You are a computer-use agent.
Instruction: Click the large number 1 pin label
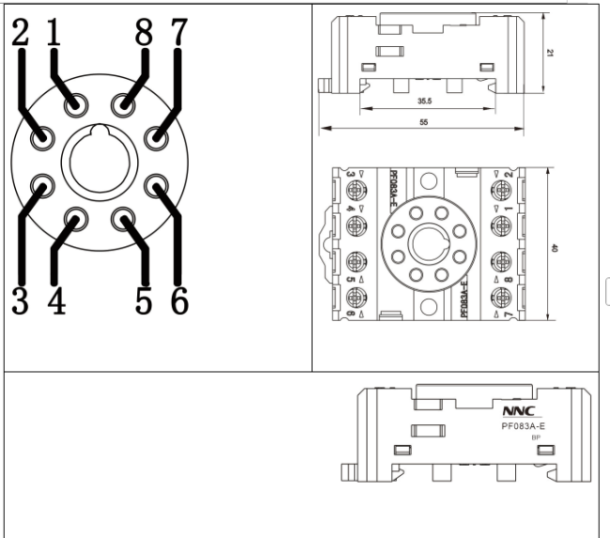[x=53, y=35]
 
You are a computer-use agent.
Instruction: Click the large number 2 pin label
[x=21, y=35]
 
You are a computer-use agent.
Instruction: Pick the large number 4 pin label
[x=56, y=301]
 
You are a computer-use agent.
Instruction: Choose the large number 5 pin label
[x=144, y=301]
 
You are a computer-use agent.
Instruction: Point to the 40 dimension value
[x=556, y=248]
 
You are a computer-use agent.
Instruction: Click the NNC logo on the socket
[x=518, y=412]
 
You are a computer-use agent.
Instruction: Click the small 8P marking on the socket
[x=537, y=438]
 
